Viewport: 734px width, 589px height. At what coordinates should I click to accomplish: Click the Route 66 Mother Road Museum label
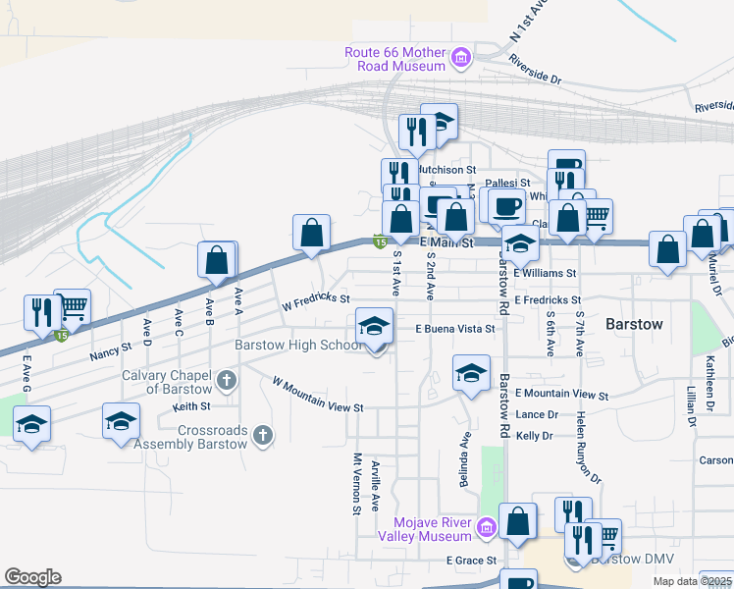pyautogui.click(x=396, y=59)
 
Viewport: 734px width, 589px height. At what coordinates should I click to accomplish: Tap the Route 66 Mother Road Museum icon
pyautogui.click(x=459, y=60)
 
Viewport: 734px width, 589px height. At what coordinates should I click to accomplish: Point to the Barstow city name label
pyautogui.click(x=635, y=324)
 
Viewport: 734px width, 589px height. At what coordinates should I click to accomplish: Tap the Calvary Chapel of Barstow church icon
pyautogui.click(x=227, y=380)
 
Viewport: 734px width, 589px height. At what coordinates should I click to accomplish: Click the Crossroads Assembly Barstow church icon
pyautogui.click(x=262, y=435)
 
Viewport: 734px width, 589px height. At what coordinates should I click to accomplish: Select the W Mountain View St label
pyautogui.click(x=318, y=395)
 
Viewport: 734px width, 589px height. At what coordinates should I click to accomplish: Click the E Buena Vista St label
pyautogui.click(x=454, y=329)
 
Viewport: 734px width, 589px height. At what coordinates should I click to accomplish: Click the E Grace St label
pyautogui.click(x=472, y=561)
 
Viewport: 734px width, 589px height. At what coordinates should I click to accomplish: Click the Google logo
pyautogui.click(x=32, y=577)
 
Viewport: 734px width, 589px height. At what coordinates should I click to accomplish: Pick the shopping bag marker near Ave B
pyautogui.click(x=217, y=260)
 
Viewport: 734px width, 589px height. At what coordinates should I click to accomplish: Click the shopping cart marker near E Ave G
pyautogui.click(x=72, y=307)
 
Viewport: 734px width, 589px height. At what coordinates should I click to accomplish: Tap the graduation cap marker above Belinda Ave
pyautogui.click(x=471, y=373)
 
